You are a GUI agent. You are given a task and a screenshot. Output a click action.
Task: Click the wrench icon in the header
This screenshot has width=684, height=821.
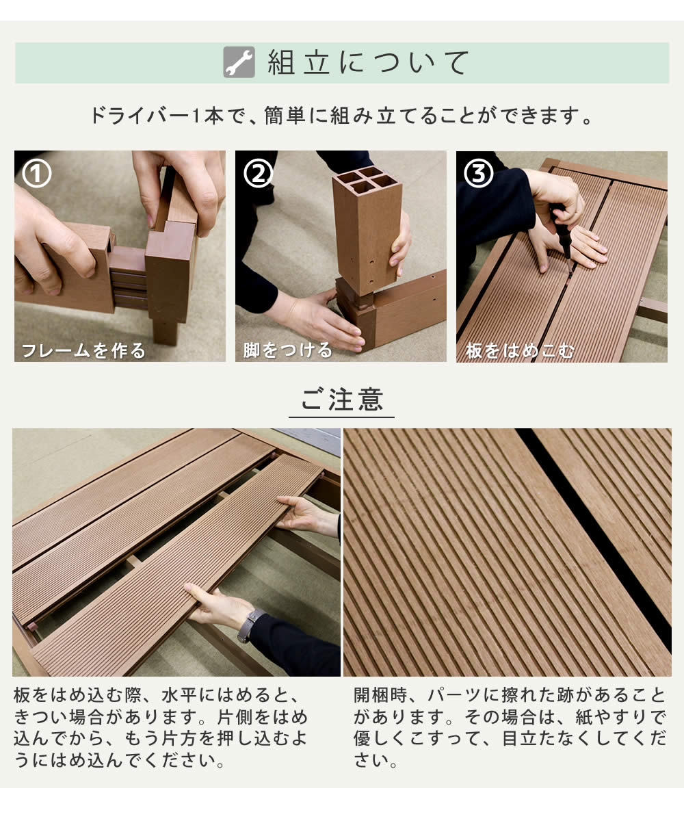239,62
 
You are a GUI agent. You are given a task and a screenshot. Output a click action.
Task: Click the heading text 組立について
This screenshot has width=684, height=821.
368,63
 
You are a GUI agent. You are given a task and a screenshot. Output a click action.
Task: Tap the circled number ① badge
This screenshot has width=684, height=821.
37,174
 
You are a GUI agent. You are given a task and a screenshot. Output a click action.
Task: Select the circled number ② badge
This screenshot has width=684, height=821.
258,174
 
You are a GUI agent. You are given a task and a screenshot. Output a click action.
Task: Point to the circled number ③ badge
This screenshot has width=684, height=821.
479,174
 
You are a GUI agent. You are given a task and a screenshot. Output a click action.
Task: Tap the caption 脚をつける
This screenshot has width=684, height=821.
288,351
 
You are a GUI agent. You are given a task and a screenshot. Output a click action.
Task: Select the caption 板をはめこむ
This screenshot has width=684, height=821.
520,351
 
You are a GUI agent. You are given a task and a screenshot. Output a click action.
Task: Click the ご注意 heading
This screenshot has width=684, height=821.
341,400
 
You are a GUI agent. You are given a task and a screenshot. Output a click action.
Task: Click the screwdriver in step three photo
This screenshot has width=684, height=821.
564,236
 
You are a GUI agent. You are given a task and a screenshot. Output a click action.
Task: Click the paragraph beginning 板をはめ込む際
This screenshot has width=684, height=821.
161,729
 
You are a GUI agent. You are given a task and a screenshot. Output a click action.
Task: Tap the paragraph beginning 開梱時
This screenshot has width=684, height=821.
510,729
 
